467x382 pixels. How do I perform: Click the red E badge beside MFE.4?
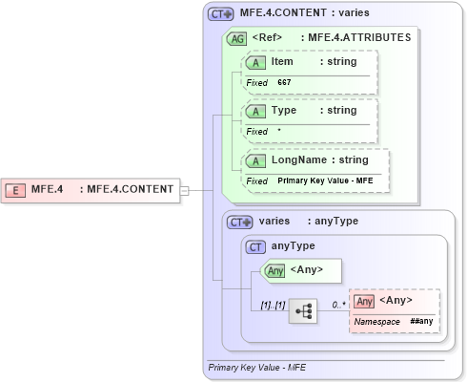coord(17,189)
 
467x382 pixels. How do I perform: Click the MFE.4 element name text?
coord(48,189)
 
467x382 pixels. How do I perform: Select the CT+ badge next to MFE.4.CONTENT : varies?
coord(221,14)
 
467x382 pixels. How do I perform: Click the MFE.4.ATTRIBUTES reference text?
coord(355,38)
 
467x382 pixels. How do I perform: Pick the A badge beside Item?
coord(256,62)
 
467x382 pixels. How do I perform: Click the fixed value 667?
coord(284,83)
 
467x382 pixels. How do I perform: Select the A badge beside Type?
coord(256,111)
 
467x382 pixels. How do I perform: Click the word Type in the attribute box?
coord(284,111)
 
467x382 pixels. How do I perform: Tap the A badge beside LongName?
coord(256,160)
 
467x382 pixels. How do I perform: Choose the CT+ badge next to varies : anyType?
coord(240,222)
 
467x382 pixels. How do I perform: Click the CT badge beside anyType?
coord(255,246)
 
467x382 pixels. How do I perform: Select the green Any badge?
coord(275,270)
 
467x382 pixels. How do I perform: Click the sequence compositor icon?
coord(303,311)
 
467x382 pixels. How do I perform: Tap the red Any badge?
coord(363,301)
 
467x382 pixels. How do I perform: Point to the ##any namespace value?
coord(423,323)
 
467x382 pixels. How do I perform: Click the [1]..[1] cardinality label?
coord(273,306)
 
